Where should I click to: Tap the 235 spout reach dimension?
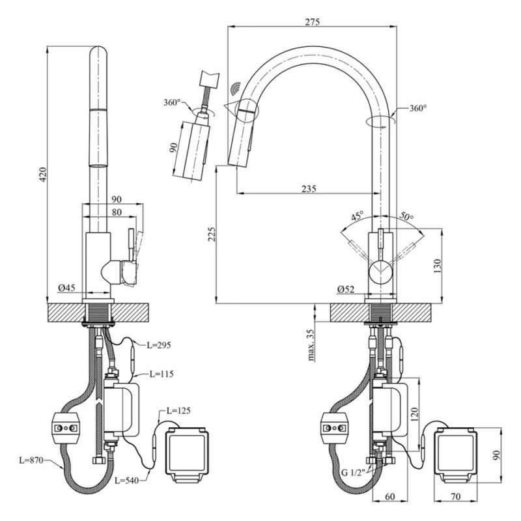[x=309, y=189]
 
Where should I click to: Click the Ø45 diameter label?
[x=65, y=288]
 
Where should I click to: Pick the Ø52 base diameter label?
[x=346, y=290]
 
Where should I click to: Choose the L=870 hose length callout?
[x=31, y=460]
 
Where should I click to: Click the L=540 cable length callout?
[x=128, y=481]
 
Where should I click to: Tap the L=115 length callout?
[x=162, y=374]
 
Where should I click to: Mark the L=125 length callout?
[x=178, y=411]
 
